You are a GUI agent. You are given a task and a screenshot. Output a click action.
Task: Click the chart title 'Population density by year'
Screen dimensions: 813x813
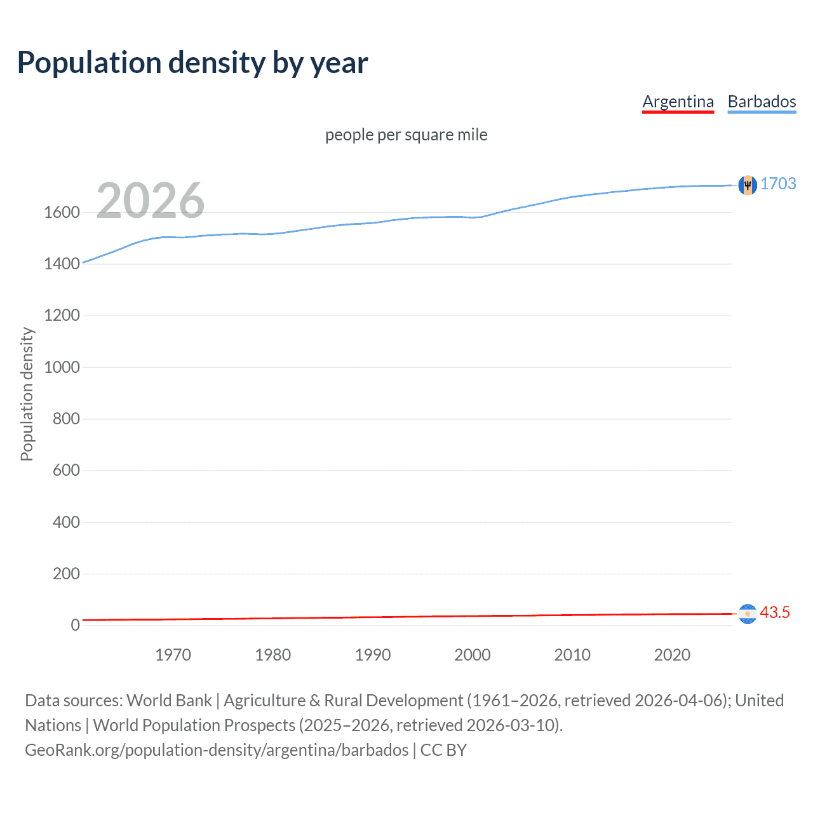[192, 63]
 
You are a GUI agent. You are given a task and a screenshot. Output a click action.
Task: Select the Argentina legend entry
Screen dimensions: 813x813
[678, 102]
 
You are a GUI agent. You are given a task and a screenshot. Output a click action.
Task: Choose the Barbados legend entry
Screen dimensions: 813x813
[762, 102]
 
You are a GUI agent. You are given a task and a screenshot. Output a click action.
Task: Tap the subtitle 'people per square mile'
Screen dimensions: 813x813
[406, 135]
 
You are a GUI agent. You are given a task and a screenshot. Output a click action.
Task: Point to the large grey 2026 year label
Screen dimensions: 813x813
[151, 201]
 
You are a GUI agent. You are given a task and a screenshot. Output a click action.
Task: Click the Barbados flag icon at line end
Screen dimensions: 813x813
[748, 185]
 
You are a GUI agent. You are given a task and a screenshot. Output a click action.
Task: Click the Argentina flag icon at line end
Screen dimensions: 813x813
[748, 614]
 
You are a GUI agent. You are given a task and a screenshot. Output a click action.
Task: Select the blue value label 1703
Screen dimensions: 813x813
[778, 184]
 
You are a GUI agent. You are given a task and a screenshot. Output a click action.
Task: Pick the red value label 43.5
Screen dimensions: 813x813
[775, 613]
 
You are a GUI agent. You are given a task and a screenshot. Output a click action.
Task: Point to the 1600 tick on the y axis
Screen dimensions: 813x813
[62, 213]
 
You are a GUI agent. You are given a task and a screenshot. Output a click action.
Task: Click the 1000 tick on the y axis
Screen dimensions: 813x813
[62, 368]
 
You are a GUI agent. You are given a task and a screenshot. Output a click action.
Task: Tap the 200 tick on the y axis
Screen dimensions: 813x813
[66, 574]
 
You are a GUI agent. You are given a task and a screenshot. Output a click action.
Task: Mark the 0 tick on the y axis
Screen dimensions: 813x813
[75, 626]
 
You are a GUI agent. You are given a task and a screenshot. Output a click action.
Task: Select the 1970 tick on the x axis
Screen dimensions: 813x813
[173, 655]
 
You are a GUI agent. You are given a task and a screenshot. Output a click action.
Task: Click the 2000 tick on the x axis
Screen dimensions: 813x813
[472, 655]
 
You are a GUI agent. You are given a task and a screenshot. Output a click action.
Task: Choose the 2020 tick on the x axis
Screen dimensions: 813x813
[672, 655]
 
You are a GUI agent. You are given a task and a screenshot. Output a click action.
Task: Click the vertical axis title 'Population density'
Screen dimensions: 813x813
[27, 394]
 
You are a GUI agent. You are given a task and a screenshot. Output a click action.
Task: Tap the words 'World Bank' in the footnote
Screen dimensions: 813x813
[169, 701]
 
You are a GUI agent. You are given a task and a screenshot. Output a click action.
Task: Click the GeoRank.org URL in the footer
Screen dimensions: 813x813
[217, 750]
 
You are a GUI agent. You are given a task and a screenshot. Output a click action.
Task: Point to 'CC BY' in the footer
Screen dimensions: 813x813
[443, 750]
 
